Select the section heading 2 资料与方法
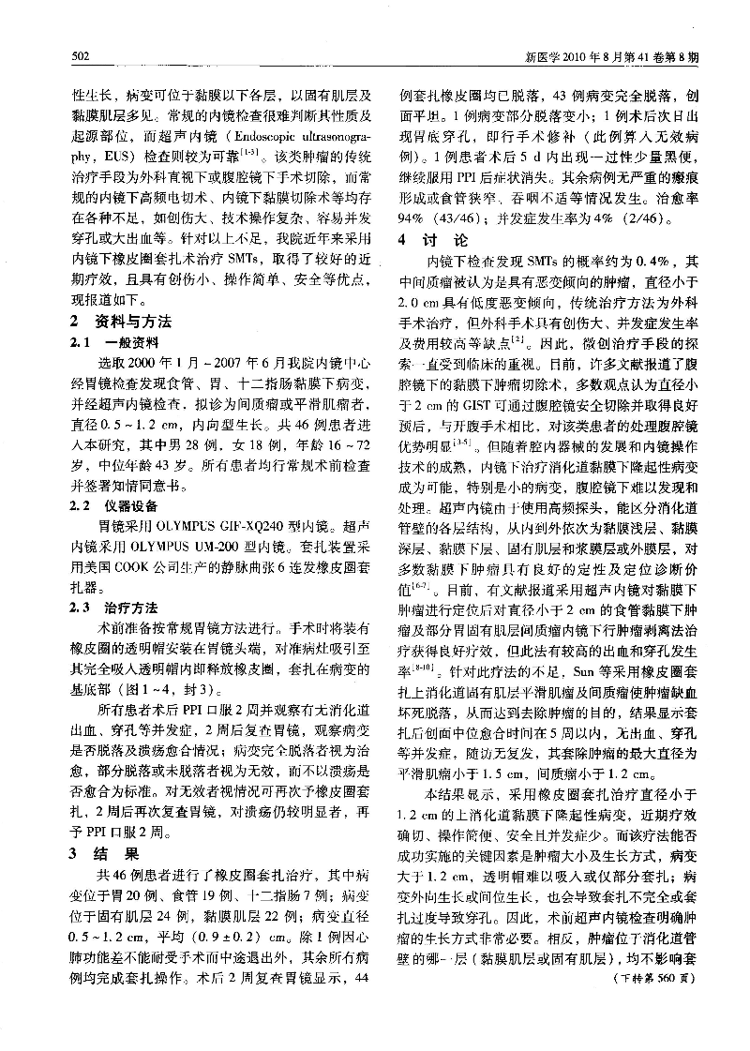tap(123, 322)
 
